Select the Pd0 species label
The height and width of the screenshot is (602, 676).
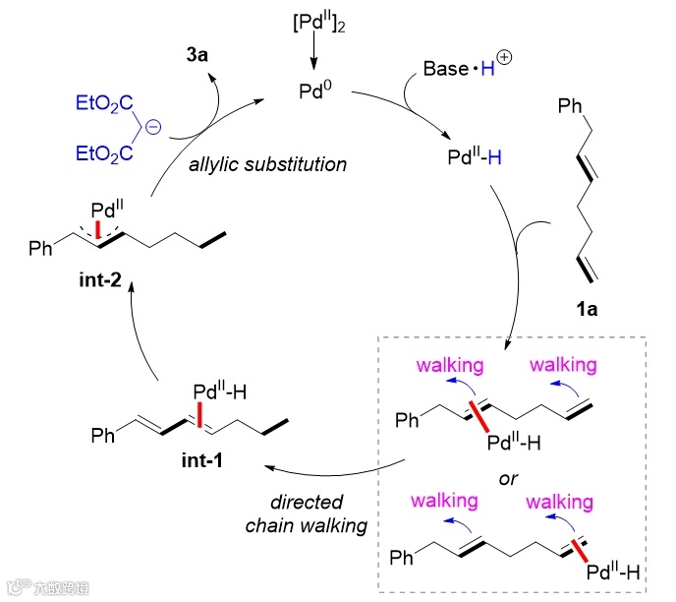tap(313, 90)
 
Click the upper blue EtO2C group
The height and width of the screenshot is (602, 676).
tap(102, 102)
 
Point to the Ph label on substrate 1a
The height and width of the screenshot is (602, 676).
tap(569, 102)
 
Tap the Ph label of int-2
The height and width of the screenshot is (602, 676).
tap(42, 251)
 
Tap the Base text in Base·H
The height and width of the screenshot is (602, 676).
tap(446, 70)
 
